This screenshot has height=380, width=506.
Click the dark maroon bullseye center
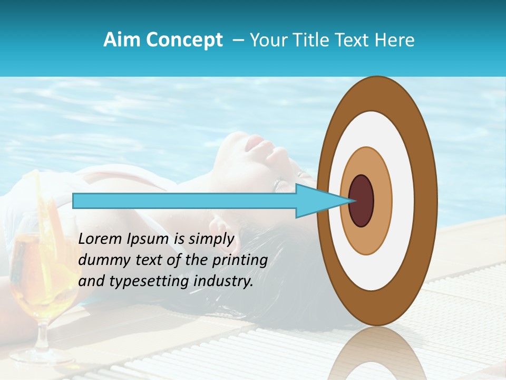click(362, 201)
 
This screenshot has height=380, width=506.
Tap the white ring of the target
click(403, 201)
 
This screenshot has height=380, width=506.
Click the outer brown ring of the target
click(427, 201)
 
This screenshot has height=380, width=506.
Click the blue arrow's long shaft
click(184, 201)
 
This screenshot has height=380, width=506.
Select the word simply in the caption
click(211, 239)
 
